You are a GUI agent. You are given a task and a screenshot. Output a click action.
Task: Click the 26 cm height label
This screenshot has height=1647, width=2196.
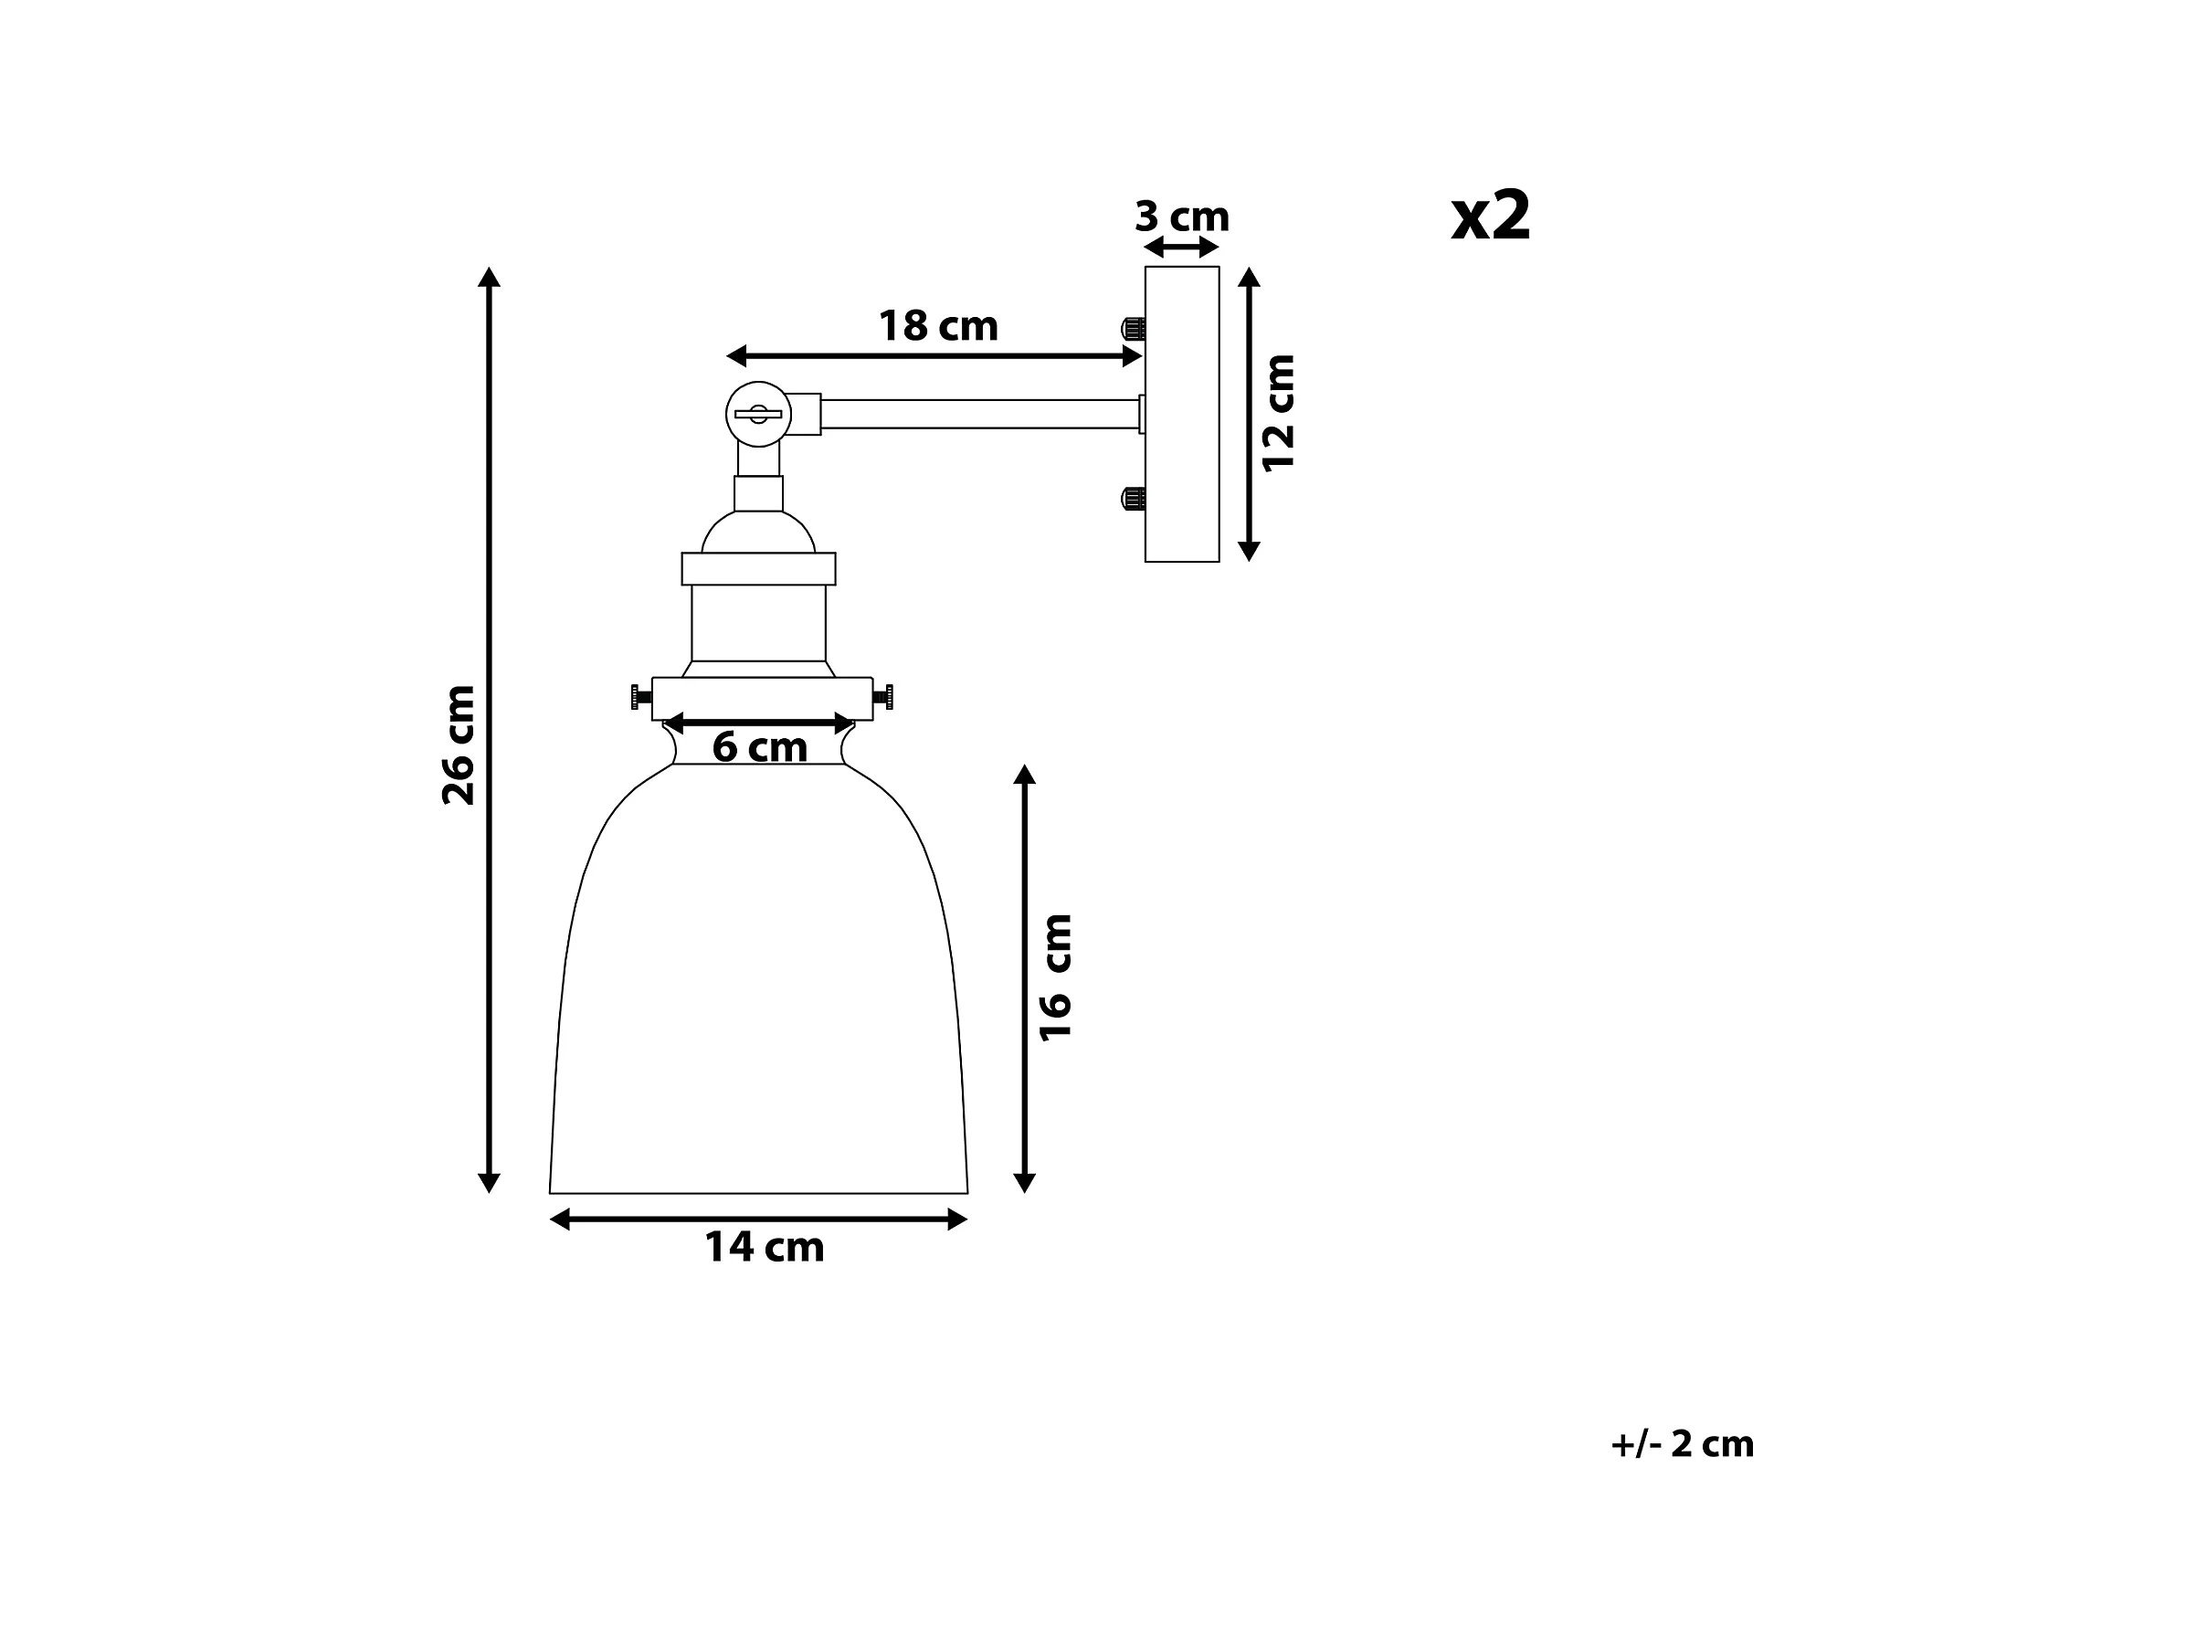click(x=459, y=744)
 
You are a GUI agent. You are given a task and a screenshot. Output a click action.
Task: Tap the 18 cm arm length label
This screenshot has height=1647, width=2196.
click(x=938, y=325)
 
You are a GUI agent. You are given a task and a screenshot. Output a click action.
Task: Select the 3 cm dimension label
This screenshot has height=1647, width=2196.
click(x=1181, y=216)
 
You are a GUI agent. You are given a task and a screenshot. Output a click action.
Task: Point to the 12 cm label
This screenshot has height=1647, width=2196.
click(x=1278, y=413)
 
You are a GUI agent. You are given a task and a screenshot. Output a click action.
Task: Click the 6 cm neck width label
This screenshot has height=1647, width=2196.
click(x=759, y=746)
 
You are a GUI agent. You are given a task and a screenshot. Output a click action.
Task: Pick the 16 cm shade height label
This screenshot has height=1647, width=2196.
click(x=1055, y=977)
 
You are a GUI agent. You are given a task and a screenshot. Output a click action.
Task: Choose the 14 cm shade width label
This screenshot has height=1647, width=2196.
click(x=764, y=1247)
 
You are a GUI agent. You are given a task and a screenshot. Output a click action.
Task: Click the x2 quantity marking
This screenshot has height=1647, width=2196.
click(x=1490, y=216)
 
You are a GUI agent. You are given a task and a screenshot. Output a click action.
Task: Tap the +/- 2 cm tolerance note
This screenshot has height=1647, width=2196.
click(x=1682, y=1443)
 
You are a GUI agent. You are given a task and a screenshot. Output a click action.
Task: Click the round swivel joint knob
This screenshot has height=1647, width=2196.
click(x=758, y=414)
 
